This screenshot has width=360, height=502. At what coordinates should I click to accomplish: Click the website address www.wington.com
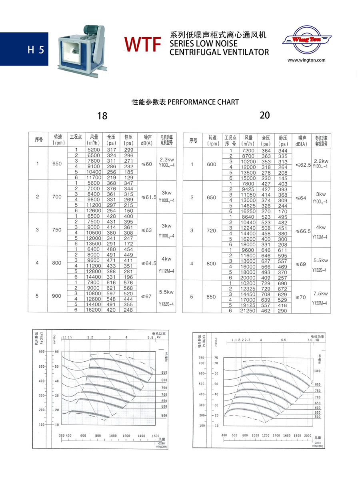306,60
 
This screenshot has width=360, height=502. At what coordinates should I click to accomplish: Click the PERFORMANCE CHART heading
185,102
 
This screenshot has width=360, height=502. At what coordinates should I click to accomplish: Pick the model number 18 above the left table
102,116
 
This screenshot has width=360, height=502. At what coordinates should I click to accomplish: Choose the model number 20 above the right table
265,115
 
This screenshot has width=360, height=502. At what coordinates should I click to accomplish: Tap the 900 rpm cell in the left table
57,296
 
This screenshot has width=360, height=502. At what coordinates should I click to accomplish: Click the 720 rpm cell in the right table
212,231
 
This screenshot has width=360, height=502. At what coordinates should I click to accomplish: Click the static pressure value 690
283,283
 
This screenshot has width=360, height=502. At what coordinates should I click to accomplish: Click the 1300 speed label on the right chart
318,371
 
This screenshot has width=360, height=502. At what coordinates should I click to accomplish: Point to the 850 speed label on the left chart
164,373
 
